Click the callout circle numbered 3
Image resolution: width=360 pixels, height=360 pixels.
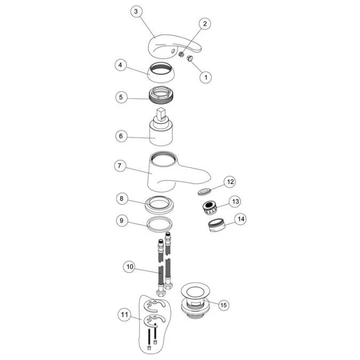pyautogui.click(x=136, y=12)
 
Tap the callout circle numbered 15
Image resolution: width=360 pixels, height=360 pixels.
pyautogui.click(x=223, y=305)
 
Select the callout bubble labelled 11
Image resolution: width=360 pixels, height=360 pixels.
pyautogui.click(x=124, y=315)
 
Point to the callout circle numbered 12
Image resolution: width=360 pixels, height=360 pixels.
pyautogui.click(x=230, y=182)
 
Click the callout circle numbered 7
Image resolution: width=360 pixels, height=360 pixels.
pyautogui.click(x=119, y=166)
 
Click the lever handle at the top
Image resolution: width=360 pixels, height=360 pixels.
pyautogui.click(x=174, y=45)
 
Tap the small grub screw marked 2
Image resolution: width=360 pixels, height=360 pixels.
pyautogui.click(x=181, y=54)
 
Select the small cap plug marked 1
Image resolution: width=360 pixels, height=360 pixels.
pyautogui.click(x=190, y=58)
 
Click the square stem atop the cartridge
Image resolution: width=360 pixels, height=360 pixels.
pyautogui.click(x=161, y=114)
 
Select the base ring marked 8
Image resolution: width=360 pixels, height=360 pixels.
pyautogui.click(x=159, y=205)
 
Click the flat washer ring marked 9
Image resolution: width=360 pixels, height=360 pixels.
pyautogui.click(x=159, y=224)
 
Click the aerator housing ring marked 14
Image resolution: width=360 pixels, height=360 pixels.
pyautogui.click(x=217, y=225)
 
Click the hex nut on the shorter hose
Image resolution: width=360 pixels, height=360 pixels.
pyautogui.click(x=161, y=293)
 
